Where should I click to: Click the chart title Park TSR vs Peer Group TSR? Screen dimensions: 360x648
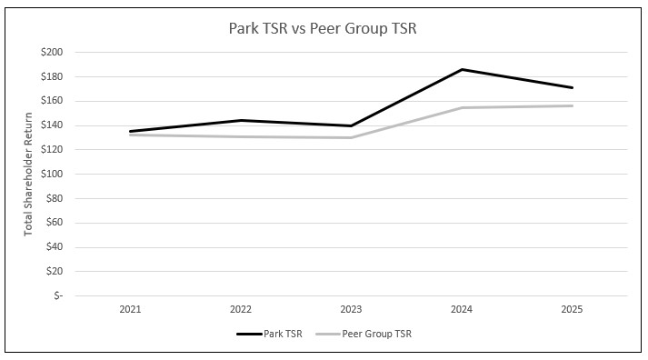[324, 28]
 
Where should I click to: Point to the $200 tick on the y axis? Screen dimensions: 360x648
[52, 53]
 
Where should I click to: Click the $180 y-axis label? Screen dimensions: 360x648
[52, 76]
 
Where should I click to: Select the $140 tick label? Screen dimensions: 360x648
[52, 125]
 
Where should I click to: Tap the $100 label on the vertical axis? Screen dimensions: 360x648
[52, 174]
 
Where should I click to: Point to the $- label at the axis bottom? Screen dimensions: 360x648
[57, 295]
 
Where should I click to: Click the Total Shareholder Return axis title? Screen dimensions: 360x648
[28, 174]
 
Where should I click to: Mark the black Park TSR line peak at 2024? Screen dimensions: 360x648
[462, 69]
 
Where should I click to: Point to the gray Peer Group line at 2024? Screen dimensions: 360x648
[462, 107]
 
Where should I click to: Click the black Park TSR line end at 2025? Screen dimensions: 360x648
[573, 87]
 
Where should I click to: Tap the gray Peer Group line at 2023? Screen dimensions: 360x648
[351, 137]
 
